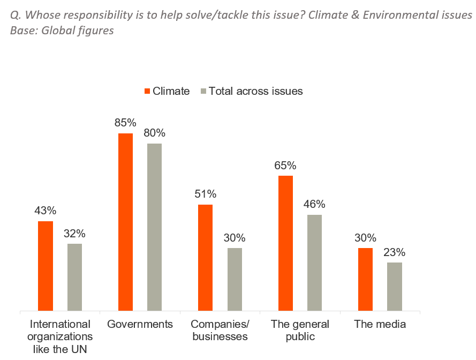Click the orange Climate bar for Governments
coord(125,222)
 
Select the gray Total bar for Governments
coord(154,227)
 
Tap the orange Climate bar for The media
coord(365,279)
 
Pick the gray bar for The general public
coord(314,262)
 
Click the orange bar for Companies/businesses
coord(205,258)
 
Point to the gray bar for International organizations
coord(74,277)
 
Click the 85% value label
coord(125,122)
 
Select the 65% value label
coord(285,165)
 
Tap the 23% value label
coord(395,252)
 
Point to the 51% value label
coord(205,193)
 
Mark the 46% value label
coord(314,204)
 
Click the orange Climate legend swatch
coord(147,91)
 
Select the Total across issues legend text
coord(255,91)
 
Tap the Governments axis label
coord(140,324)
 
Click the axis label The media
coord(380,324)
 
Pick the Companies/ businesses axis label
coord(220,331)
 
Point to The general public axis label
coord(300,331)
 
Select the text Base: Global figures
coord(62,31)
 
